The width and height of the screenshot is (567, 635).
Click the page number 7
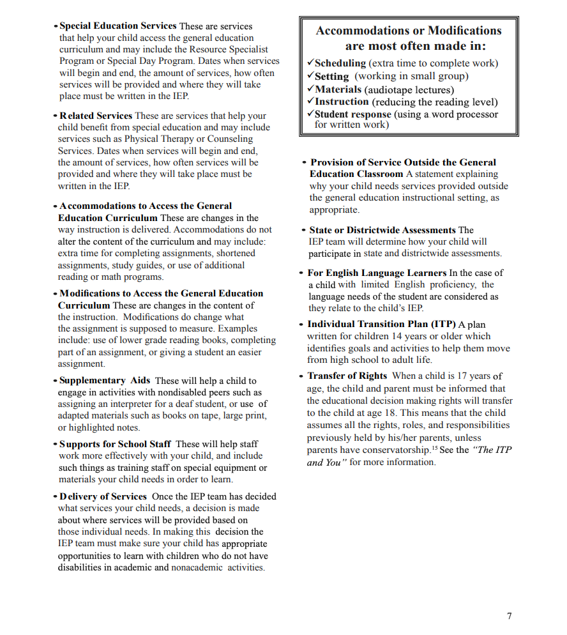click(509, 616)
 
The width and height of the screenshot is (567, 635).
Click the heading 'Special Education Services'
click(117, 26)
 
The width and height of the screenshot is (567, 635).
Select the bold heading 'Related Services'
click(96, 116)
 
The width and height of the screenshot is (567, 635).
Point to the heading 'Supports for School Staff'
click(115, 444)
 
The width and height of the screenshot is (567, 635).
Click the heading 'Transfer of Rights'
click(347, 376)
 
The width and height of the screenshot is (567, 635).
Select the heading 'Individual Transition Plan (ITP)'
click(381, 324)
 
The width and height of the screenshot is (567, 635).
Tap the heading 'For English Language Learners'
click(377, 273)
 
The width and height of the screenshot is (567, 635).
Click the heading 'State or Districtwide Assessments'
click(382, 230)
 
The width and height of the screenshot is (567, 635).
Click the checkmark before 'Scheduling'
click(310, 63)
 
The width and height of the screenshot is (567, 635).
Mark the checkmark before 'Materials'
click(310, 89)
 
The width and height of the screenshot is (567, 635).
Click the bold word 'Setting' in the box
click(332, 76)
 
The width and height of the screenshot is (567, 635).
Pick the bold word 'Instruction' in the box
click(342, 102)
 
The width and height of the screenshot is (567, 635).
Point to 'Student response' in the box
click(352, 114)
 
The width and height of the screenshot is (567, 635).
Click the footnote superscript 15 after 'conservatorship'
click(434, 448)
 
